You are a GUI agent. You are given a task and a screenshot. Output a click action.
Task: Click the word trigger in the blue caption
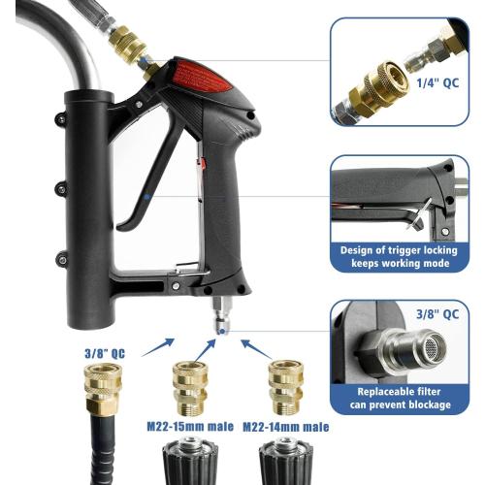click(404, 249)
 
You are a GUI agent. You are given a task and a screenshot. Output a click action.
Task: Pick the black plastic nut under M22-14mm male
click(284, 464)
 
